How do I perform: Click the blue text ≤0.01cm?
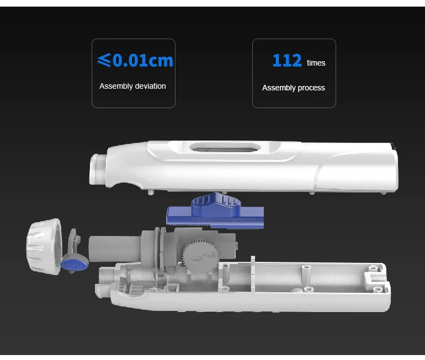(135, 60)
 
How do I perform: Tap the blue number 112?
(287, 60)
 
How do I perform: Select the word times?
(316, 63)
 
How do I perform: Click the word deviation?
(150, 86)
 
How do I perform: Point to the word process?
(311, 88)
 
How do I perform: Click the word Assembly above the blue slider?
(115, 87)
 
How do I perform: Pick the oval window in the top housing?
(225, 147)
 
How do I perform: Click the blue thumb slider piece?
(215, 210)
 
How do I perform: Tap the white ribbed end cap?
(44, 246)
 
